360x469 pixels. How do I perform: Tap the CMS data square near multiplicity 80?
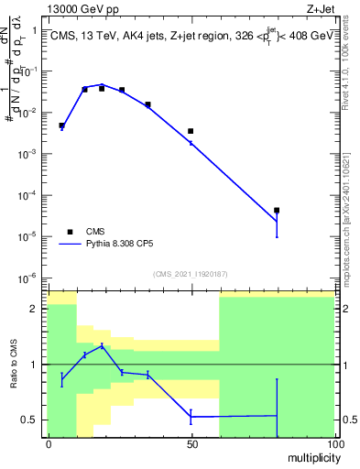point(277,211)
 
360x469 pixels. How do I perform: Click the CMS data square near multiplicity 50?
point(191,132)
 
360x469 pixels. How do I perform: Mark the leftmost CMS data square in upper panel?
point(61,125)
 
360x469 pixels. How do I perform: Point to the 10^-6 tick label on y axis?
point(28,278)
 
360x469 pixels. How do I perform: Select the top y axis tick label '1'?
point(34,30)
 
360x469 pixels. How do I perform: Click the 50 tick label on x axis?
point(191,443)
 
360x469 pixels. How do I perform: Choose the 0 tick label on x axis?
point(48,443)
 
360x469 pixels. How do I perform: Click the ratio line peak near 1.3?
point(102,346)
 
